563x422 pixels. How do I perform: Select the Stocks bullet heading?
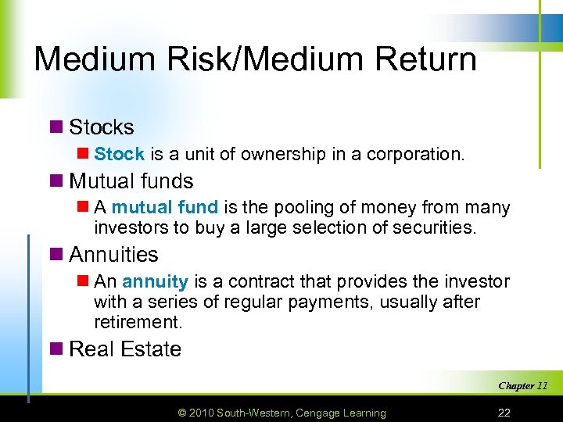click(102, 127)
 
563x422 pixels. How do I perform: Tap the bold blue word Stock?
click(120, 155)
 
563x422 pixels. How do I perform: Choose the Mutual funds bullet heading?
click(131, 181)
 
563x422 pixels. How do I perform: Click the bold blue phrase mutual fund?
click(166, 208)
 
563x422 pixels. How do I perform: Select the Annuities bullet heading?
click(114, 255)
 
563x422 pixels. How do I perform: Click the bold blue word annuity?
click(156, 281)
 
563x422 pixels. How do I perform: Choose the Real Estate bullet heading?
click(125, 349)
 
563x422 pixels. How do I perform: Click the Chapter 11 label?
click(522, 385)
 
